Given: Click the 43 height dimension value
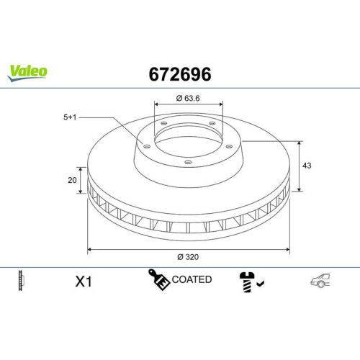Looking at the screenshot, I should tap(307, 166).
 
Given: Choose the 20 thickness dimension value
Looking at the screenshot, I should tap(72, 181).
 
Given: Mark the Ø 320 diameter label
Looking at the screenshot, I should tap(189, 256).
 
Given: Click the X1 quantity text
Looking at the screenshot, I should tap(85, 281).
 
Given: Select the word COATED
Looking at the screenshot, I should tap(192, 279).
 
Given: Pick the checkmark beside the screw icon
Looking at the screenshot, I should tap(260, 284).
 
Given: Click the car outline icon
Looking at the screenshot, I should tap(320, 281).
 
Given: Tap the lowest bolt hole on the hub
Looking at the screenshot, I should tap(188, 163).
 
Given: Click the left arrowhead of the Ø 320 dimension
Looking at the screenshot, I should tap(89, 250).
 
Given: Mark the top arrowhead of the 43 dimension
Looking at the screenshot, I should tap(300, 141).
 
